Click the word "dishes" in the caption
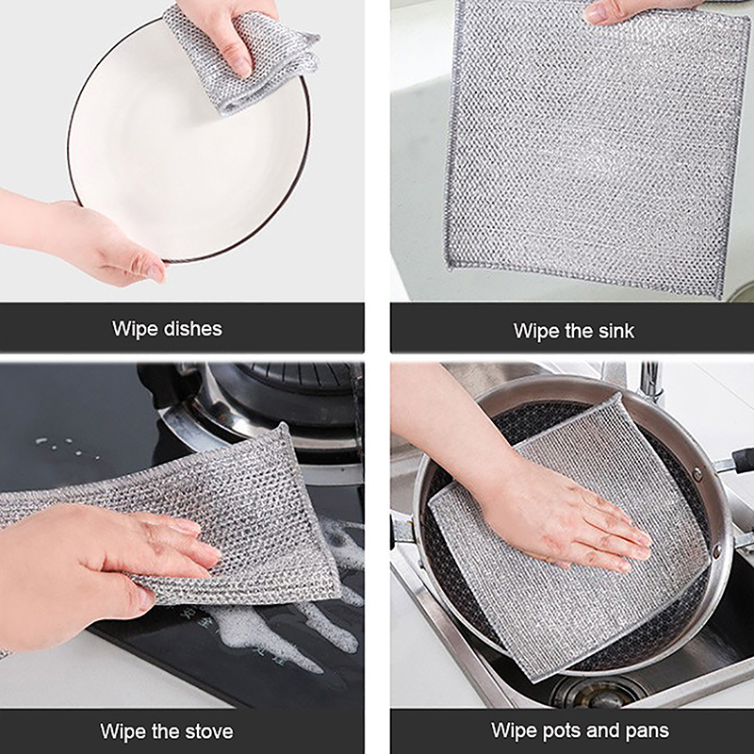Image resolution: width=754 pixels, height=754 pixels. coord(193,329)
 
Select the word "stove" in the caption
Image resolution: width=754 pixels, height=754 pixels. coord(208,731)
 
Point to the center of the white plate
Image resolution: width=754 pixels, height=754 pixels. coord(188,144)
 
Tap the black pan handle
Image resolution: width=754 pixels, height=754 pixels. coord(742,460)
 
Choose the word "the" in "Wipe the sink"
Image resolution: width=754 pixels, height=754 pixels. coord(579,331)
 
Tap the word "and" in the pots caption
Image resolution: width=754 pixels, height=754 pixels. coord(603,730)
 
